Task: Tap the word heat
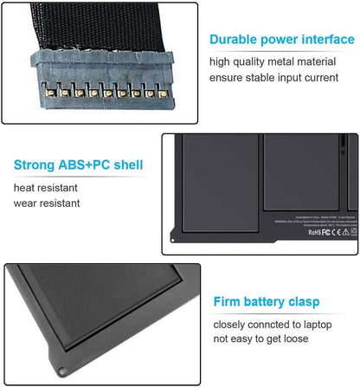pos(25,188)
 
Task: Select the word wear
pos(27,205)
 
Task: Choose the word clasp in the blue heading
pos(300,302)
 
